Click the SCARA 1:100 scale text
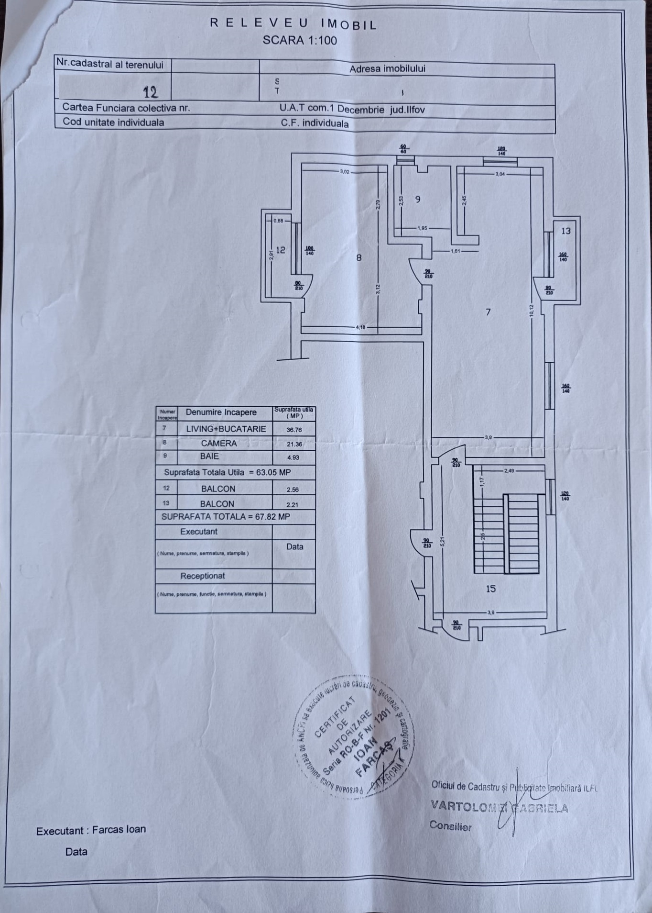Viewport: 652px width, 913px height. coord(300,40)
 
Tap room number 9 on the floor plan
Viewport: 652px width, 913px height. coord(418,199)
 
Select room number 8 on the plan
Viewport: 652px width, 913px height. coord(359,258)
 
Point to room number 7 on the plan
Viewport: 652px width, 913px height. coord(488,312)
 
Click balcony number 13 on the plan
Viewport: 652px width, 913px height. coord(565,231)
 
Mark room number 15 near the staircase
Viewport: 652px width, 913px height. coord(491,589)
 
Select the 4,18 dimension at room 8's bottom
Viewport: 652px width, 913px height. coord(360,328)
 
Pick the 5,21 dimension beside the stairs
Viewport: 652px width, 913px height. coord(443,541)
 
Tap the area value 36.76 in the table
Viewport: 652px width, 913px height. coord(294,430)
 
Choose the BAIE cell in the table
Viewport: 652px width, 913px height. coord(209,456)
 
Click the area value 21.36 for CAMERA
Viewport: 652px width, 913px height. coord(294,444)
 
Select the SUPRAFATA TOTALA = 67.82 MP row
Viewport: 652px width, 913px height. coord(226,517)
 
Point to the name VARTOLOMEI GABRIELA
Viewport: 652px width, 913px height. coord(500,807)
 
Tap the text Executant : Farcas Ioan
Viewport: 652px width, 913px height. coord(91,830)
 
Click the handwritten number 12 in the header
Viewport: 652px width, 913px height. coord(151,92)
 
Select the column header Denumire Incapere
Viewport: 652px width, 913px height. coord(221,412)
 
